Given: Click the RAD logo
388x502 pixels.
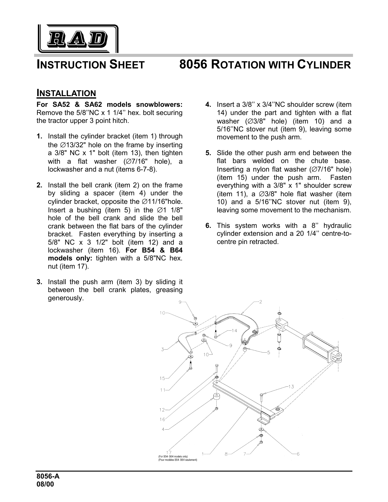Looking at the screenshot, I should [x=78, y=39].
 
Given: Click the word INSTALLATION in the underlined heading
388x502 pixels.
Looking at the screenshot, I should [x=66, y=93].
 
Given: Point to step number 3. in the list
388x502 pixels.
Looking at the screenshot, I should [x=40, y=282].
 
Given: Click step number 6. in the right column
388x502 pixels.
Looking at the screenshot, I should [x=208, y=226].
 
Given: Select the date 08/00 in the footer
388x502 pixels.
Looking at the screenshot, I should [x=45, y=484].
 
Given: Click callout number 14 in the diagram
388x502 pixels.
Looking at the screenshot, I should [x=234, y=331].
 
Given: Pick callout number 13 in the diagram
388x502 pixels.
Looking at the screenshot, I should [x=291, y=387].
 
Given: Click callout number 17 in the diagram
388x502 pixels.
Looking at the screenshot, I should [x=169, y=452].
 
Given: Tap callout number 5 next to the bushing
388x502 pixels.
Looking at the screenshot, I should [x=269, y=353].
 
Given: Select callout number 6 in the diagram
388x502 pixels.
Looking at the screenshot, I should [x=298, y=454].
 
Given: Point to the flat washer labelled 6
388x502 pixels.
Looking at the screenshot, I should [x=261, y=430].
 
